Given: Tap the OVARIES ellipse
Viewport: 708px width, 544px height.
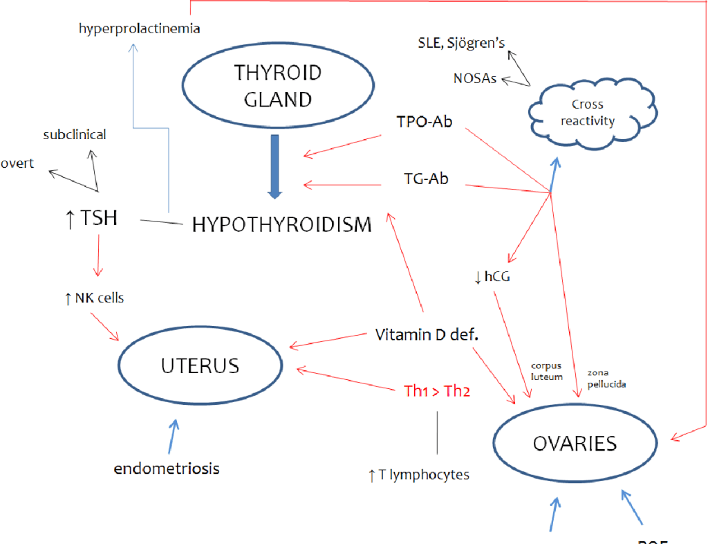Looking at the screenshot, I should pyautogui.click(x=574, y=443).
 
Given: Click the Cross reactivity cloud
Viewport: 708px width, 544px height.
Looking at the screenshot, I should pyautogui.click(x=587, y=113).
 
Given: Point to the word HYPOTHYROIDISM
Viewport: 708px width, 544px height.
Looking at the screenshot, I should pyautogui.click(x=281, y=224).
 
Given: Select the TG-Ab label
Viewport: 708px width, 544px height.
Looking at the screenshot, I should pyautogui.click(x=426, y=179).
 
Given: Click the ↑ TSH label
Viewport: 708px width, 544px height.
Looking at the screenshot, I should pyautogui.click(x=90, y=219).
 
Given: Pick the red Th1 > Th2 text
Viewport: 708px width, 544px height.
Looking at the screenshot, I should pyautogui.click(x=437, y=391).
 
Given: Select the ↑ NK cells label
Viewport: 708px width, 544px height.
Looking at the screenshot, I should pyautogui.click(x=94, y=298).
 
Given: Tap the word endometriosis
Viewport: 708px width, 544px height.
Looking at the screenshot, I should pyautogui.click(x=167, y=469).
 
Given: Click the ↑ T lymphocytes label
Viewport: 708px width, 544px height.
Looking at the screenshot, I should pyautogui.click(x=419, y=475).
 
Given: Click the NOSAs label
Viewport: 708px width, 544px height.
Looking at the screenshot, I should pyautogui.click(x=475, y=78).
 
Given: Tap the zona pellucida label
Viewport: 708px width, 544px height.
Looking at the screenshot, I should pyautogui.click(x=606, y=378).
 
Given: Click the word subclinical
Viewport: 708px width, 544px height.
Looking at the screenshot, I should pyautogui.click(x=75, y=134).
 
